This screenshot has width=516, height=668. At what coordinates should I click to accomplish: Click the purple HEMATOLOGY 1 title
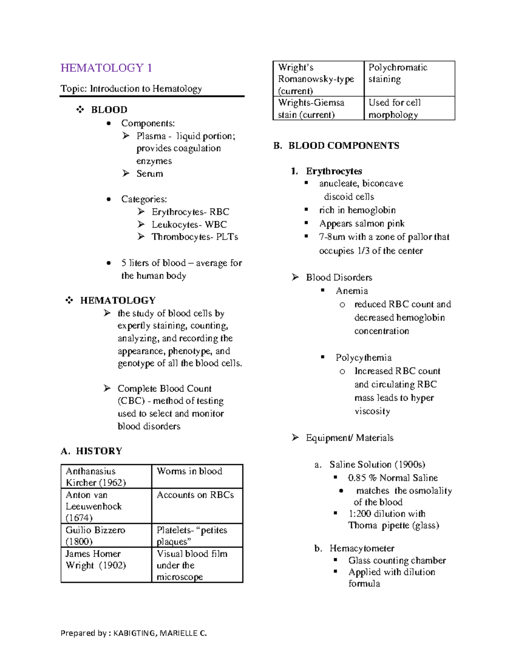(106, 68)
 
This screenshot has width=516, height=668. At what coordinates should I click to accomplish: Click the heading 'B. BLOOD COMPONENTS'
(336, 146)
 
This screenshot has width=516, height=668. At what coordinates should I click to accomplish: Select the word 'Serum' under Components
(150, 174)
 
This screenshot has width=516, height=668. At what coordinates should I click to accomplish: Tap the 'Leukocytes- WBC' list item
(189, 225)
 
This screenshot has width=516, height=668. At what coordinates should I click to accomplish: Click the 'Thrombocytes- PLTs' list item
(194, 237)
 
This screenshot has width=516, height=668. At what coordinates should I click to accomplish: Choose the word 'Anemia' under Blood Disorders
(351, 291)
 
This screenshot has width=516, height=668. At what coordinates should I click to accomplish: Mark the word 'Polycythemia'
(363, 358)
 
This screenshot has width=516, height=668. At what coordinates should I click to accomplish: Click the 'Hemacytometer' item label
(362, 548)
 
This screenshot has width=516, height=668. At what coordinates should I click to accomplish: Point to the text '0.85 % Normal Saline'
(393, 478)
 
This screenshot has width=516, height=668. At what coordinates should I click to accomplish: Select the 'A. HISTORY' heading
(92, 451)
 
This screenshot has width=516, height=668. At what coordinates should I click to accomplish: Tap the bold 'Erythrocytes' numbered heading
(334, 171)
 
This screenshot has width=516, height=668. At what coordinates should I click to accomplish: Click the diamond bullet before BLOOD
(80, 110)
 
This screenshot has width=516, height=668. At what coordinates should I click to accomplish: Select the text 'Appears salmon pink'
(362, 224)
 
